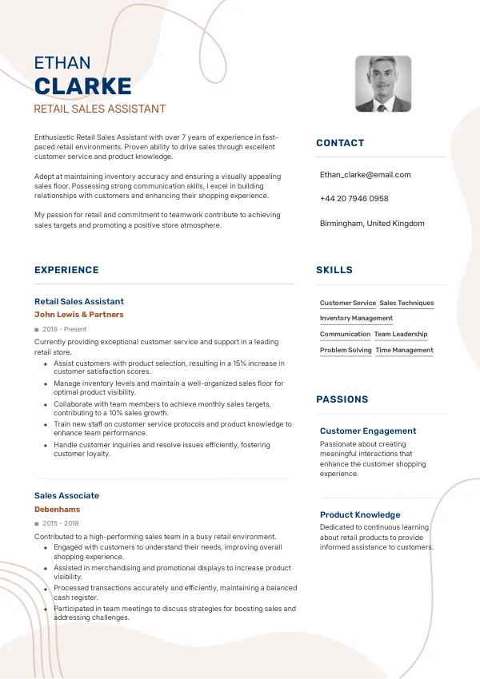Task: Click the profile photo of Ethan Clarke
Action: [x=383, y=84]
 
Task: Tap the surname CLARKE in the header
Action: [x=83, y=86]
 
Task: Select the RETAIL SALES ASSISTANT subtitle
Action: [x=100, y=109]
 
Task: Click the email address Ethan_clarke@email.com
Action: [x=365, y=174]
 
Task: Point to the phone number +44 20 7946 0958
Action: [x=354, y=199]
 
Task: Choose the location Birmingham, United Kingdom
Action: [x=372, y=224]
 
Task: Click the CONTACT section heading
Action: [x=340, y=143]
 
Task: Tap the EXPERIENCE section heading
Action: [x=66, y=270]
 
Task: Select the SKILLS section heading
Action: [x=334, y=270]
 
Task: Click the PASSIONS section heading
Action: [x=342, y=399]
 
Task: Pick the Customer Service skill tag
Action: [x=348, y=304]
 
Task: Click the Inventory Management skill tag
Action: [x=356, y=319]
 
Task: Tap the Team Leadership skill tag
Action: [x=401, y=335]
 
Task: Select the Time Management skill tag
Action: [x=405, y=351]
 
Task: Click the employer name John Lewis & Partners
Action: [x=79, y=315]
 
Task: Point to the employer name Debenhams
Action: [x=57, y=509]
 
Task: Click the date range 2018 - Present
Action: [x=64, y=329]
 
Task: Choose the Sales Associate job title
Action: [x=66, y=495]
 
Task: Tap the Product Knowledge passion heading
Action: [x=360, y=514]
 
